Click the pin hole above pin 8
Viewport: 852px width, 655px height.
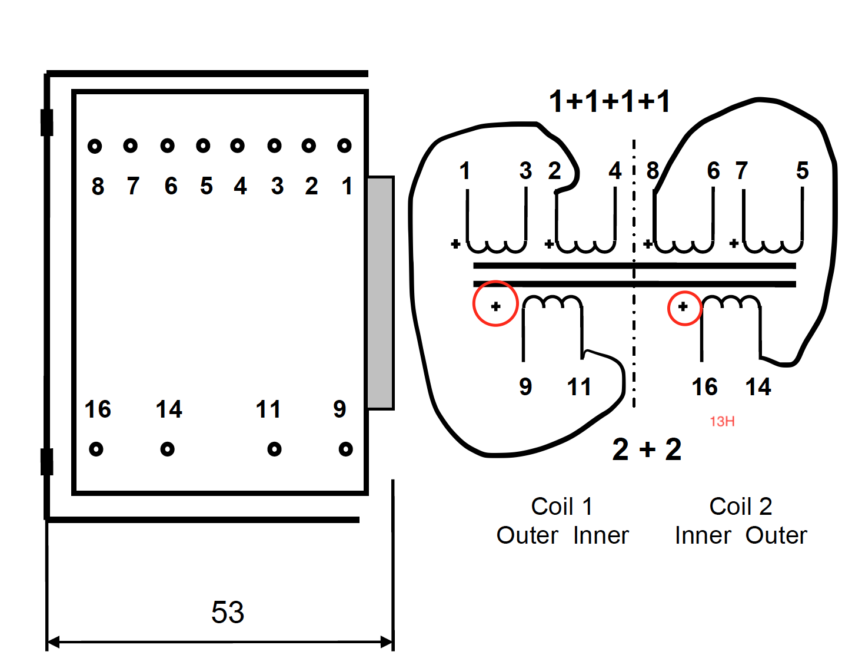[95, 145]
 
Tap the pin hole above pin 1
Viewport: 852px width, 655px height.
[344, 145]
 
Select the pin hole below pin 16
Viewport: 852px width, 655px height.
[96, 449]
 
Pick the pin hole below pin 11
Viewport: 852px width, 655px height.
[274, 449]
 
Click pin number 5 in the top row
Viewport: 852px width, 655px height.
[206, 186]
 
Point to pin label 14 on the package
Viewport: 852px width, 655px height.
[169, 409]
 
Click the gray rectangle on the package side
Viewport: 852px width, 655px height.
[380, 293]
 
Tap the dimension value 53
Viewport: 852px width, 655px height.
[228, 613]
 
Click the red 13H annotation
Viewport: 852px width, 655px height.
[722, 421]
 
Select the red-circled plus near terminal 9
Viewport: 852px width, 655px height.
[495, 306]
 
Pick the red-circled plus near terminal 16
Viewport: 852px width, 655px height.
[683, 307]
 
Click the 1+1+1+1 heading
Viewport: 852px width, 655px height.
[610, 102]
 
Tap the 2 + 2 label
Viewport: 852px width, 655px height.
[647, 450]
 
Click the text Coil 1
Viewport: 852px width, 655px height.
[561, 507]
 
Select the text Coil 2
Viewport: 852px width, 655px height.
[740, 507]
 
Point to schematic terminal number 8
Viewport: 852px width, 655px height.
[653, 171]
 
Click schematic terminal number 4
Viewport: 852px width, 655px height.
[615, 171]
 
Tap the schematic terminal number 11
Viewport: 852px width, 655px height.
[579, 387]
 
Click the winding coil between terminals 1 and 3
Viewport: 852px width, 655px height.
[497, 246]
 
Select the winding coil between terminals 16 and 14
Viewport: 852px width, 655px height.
[731, 303]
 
